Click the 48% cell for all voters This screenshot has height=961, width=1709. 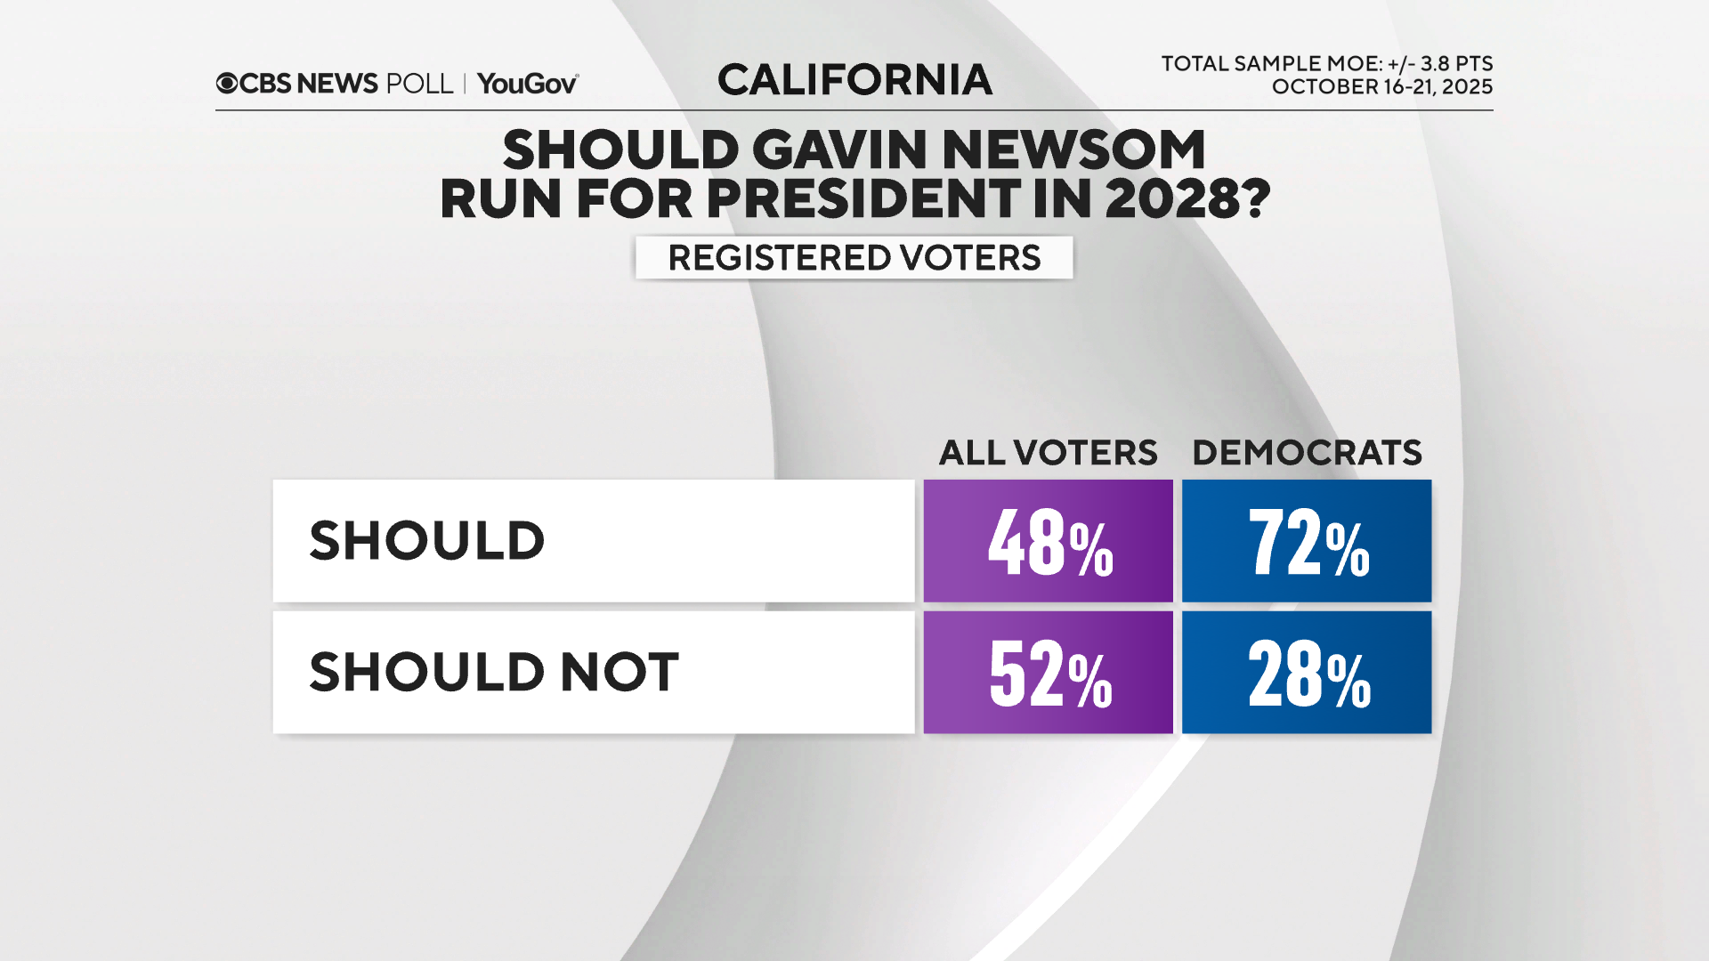point(1048,541)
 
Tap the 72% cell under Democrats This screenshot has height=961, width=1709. point(1306,541)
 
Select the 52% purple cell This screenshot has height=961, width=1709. point(1048,673)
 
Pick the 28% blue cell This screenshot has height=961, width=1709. point(1306,673)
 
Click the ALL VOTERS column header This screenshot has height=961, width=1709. point(1048,453)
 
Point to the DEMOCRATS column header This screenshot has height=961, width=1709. point(1306,453)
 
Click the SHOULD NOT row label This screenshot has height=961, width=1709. point(494,673)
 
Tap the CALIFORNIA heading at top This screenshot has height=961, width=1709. point(854,80)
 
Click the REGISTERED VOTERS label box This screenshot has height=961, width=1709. point(854,258)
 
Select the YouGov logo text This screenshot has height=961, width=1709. point(527,84)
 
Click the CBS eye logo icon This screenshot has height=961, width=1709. point(227,84)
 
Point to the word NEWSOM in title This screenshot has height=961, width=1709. point(1073,149)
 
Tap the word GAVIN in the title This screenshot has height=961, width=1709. point(840,149)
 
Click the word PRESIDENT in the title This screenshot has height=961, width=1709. point(863,198)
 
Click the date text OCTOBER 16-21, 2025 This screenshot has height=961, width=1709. point(1381,87)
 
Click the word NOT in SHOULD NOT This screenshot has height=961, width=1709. point(620,673)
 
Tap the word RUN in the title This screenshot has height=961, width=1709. point(500,198)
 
